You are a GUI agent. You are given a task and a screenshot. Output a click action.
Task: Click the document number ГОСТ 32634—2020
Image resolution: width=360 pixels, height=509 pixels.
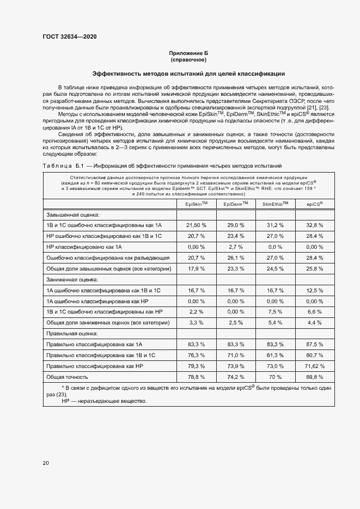70,36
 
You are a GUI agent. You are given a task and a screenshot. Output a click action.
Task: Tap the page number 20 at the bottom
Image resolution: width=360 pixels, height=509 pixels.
46,463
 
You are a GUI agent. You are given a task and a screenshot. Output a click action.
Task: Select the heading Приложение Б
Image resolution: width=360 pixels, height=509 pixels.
188,53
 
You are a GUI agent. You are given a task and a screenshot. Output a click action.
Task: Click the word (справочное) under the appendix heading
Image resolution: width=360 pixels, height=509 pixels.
188,59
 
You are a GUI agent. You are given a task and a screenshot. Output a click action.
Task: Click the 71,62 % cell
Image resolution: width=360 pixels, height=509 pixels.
314,365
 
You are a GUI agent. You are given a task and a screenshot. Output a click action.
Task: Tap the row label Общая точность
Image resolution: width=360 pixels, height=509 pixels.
67,376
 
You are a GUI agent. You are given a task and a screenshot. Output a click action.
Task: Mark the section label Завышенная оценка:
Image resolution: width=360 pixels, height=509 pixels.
69,214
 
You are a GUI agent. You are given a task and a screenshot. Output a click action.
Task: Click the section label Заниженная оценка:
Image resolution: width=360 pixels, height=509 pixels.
69,279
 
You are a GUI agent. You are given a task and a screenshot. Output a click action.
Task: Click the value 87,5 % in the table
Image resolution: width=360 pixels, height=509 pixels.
314,344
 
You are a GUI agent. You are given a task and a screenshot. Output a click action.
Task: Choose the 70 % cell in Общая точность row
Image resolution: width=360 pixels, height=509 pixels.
275,376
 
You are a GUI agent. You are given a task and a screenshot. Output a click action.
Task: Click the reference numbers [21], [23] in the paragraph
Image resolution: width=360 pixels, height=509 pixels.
321,107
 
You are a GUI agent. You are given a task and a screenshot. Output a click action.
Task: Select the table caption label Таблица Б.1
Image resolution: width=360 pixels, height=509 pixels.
62,165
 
